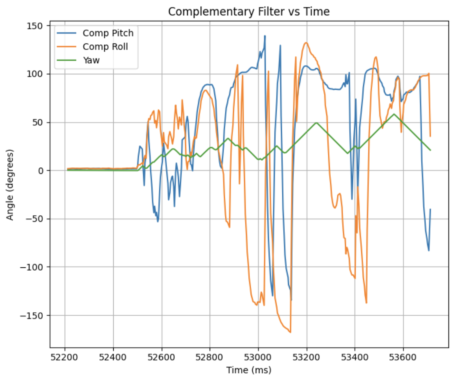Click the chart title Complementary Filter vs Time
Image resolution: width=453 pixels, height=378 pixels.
click(249, 11)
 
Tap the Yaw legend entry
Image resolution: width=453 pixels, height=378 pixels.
click(92, 60)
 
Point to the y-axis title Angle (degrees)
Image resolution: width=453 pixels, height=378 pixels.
click(10, 184)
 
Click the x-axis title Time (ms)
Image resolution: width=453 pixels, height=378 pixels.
click(249, 370)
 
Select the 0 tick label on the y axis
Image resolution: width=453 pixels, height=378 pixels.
click(41, 171)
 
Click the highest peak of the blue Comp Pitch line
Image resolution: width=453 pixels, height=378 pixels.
click(265, 36)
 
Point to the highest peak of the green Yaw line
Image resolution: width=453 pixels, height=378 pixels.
click(394, 114)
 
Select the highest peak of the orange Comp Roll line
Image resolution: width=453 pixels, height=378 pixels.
click(306, 43)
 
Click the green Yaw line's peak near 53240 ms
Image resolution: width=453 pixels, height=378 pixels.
click(316, 123)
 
